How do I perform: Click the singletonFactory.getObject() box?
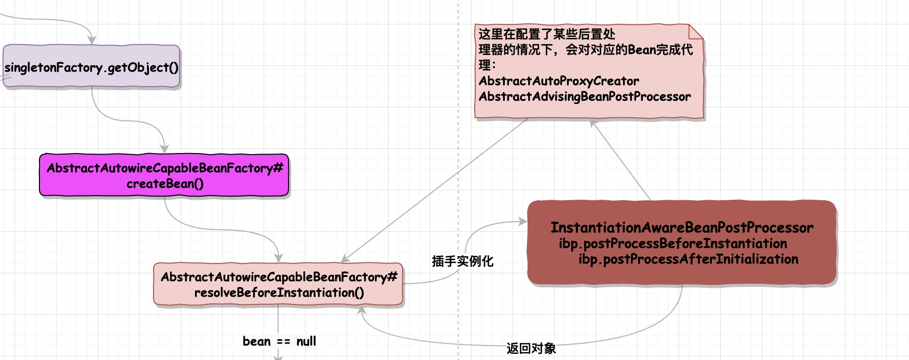91,67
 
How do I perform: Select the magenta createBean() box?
164,176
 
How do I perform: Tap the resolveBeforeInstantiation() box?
279,285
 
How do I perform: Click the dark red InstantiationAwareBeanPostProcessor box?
682,243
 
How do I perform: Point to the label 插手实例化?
462,261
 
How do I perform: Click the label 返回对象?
531,348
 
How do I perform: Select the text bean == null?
279,341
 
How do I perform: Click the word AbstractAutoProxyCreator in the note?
559,81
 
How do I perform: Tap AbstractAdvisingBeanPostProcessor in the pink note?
585,96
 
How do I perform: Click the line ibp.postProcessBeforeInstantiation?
672,243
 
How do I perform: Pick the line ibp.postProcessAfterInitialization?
688,259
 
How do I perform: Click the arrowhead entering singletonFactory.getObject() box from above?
92,40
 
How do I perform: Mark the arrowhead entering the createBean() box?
165,149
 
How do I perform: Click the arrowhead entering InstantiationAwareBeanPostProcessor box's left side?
522,222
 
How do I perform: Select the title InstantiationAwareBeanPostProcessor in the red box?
682,228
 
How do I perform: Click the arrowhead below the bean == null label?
278,357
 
